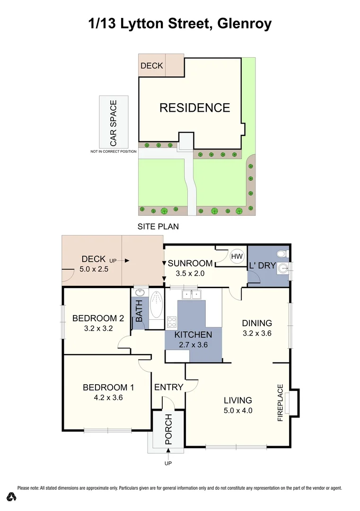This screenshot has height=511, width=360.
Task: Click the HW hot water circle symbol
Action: tap(236, 256)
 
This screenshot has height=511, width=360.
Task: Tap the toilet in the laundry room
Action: tap(283, 253)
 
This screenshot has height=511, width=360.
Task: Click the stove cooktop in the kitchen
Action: tap(171, 322)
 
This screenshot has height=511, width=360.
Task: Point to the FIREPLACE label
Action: tap(280, 403)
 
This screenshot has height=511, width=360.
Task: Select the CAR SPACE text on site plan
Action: tap(114, 123)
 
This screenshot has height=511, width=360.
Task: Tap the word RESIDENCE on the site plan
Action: tap(194, 108)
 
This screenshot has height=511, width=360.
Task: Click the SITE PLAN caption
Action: tap(158, 227)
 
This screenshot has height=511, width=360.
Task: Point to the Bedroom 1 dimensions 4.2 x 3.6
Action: tap(108, 397)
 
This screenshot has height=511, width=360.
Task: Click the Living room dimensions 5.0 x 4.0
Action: tap(238, 410)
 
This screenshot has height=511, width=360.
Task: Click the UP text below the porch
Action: tap(168, 463)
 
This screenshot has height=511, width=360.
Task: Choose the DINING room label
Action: tap(257, 323)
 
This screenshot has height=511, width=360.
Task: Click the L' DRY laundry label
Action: tap(262, 265)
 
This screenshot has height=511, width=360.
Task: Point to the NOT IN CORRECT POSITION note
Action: tap(114, 151)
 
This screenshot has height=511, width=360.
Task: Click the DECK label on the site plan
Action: tap(151, 66)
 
